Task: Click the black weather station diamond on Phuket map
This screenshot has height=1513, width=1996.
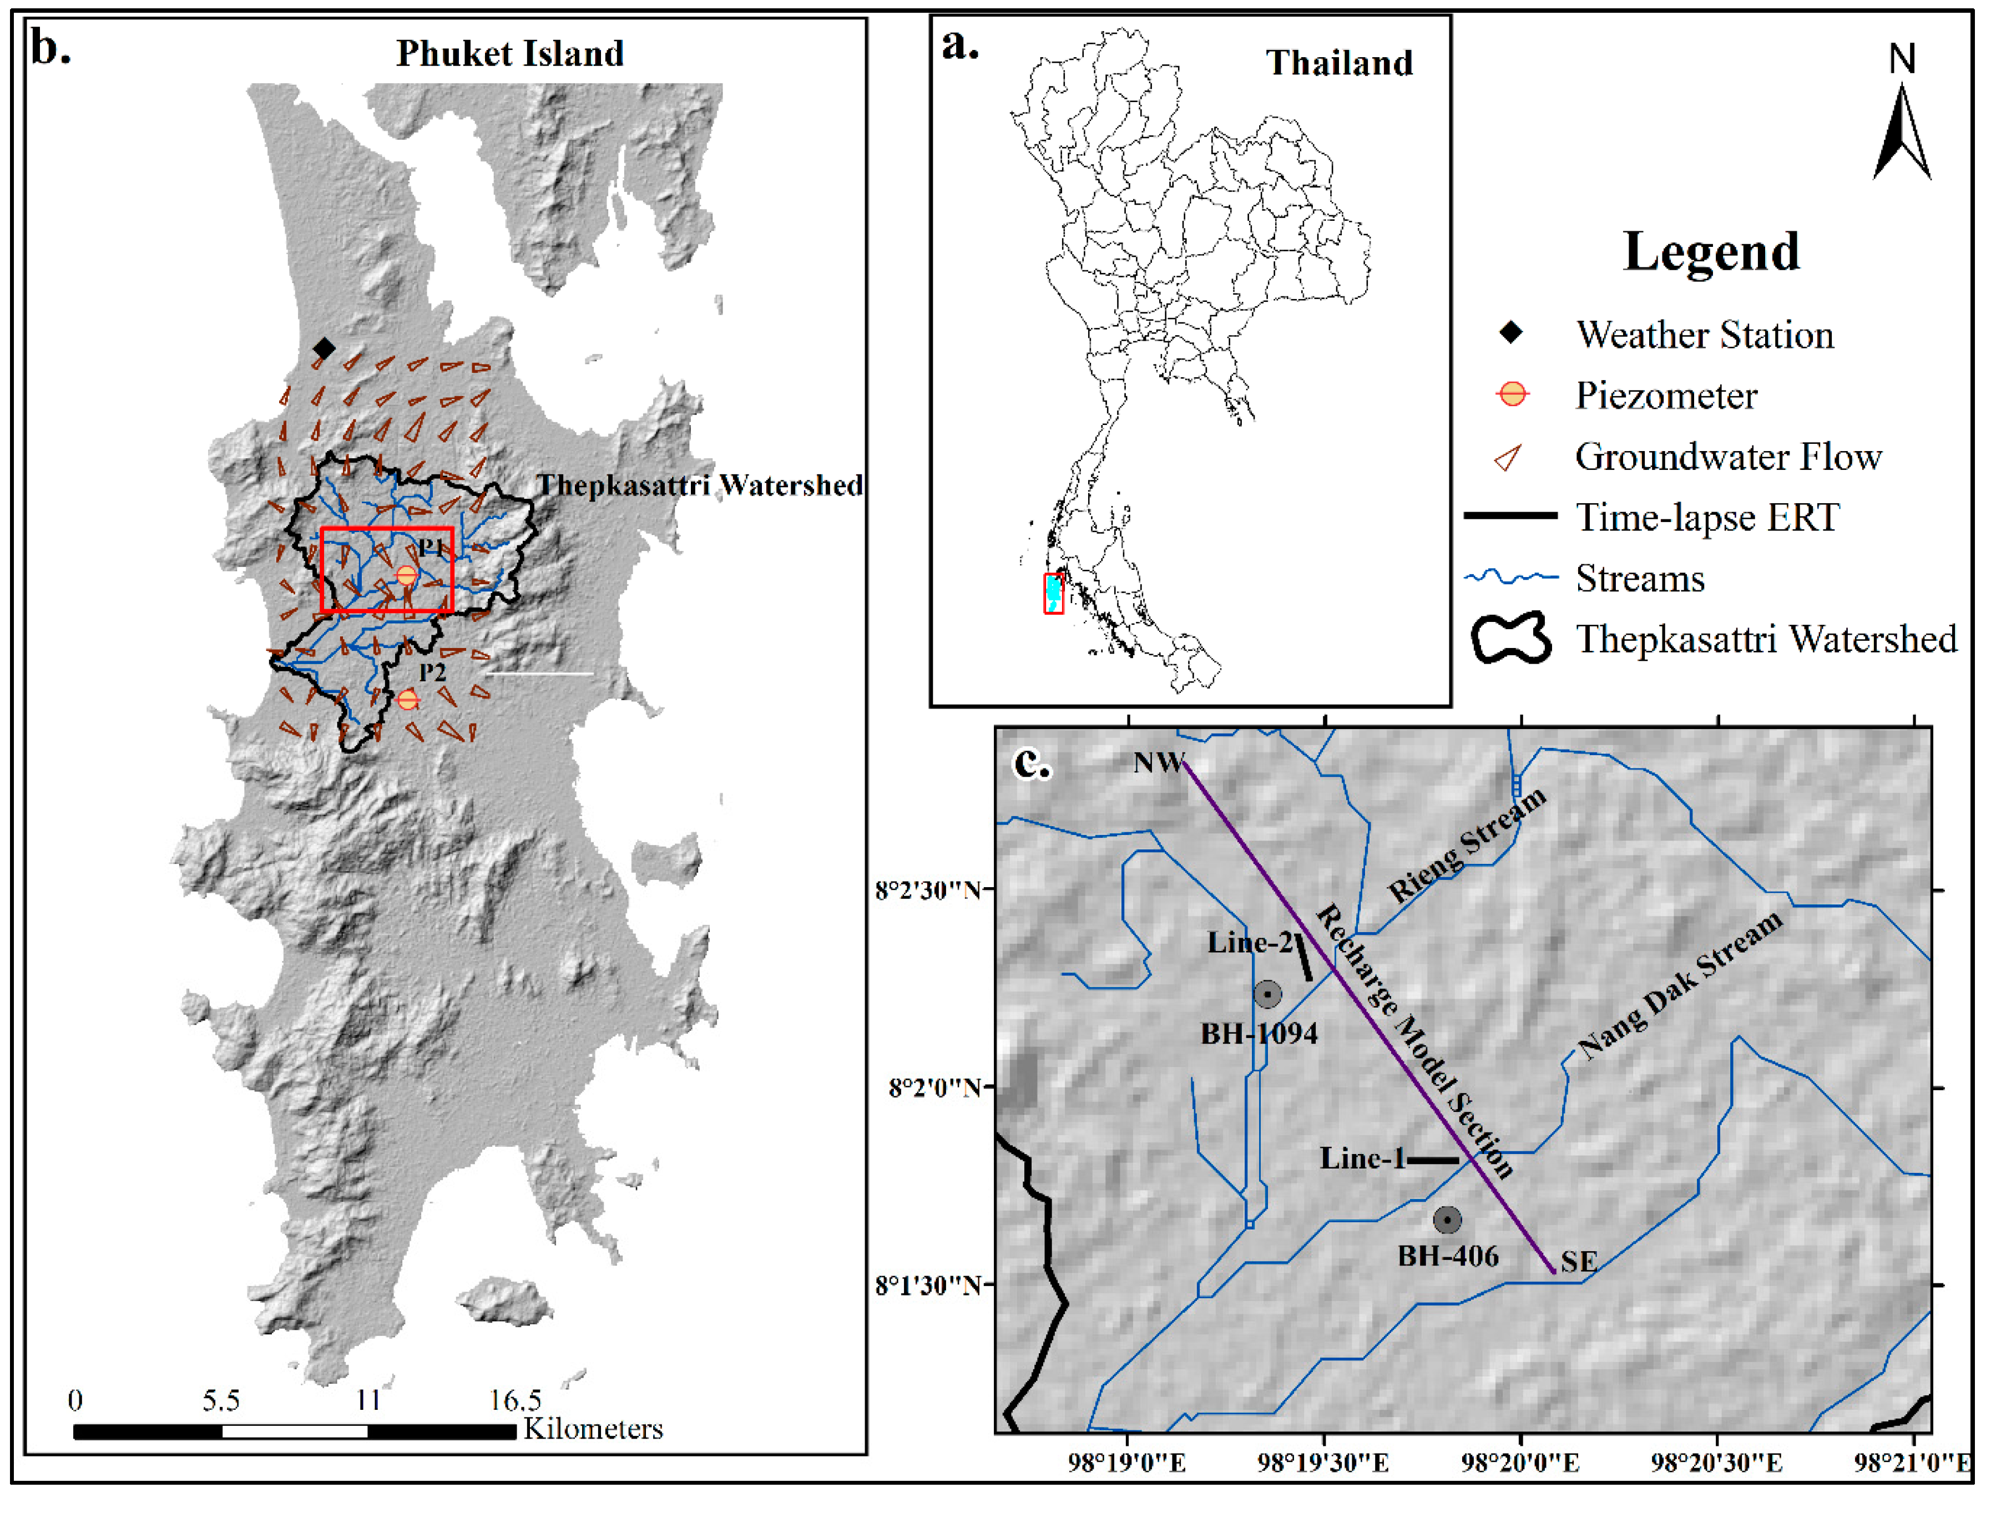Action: (324, 348)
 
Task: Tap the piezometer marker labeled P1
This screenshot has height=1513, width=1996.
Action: (407, 575)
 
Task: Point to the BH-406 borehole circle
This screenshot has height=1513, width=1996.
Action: (1447, 1221)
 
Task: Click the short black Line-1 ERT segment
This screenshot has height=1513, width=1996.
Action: (1433, 1160)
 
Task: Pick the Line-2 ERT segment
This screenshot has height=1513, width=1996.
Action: (1304, 958)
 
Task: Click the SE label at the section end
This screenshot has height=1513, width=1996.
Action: (1579, 1262)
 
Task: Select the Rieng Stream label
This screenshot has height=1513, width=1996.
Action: (1466, 844)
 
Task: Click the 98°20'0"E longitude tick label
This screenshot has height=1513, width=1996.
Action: (1520, 1463)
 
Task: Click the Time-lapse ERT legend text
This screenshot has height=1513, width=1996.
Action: (1707, 518)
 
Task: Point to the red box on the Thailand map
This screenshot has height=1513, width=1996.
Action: (1053, 594)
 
